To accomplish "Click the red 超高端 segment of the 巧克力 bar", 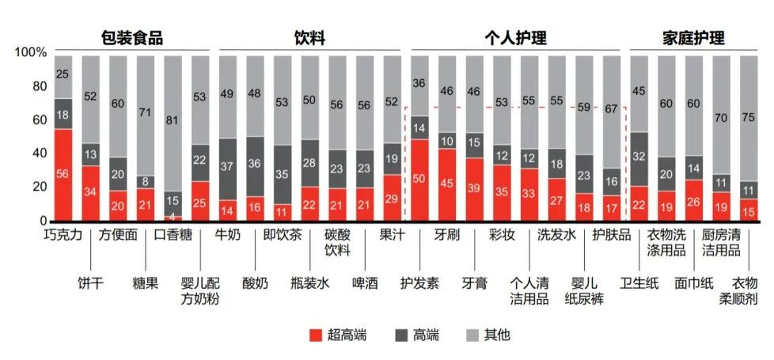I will pos(63,174).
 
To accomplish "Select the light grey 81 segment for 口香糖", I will pos(173,123).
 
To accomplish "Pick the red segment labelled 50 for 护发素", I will pos(420,180).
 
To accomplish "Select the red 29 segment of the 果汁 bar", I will pos(393,197).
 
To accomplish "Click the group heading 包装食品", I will pos(131,37).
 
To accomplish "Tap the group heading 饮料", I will pos(309,37).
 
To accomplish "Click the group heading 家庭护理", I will pos(692,37).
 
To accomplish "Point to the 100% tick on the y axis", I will pos(30,52).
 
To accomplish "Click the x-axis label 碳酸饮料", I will pos(337,242).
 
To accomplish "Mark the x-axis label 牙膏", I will pos(475,283).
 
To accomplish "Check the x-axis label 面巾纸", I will pos(693,283).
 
